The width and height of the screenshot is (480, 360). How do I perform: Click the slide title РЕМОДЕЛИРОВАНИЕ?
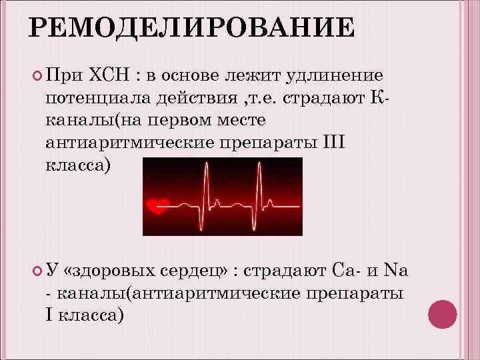point(192,29)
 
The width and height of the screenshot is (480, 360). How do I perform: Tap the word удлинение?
point(335,75)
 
